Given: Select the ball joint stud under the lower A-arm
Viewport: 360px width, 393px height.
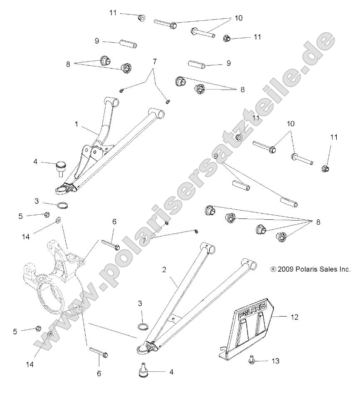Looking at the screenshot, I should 143,369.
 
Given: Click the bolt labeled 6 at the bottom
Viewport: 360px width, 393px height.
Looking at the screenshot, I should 99,353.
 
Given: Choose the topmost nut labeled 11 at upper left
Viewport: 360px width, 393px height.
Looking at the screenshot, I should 141,17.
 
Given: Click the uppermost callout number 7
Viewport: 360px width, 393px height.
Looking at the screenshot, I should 155,61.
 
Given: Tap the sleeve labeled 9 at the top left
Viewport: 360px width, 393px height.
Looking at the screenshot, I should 128,43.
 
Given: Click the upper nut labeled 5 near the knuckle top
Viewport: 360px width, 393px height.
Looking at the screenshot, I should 47,215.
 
